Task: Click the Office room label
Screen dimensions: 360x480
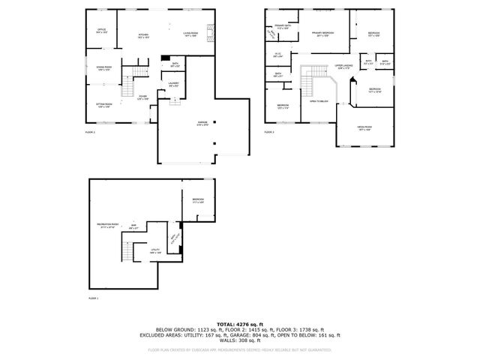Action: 102,31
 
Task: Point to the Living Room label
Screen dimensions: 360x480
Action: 190,34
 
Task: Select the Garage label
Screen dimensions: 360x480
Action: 202,122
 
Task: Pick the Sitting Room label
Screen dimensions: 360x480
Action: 103,106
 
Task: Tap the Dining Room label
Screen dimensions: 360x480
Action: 103,69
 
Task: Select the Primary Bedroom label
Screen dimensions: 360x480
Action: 323,34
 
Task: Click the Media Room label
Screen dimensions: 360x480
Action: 365,127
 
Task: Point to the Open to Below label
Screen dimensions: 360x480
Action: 319,101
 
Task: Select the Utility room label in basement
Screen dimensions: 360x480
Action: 155,251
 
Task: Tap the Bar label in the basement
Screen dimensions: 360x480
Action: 134,226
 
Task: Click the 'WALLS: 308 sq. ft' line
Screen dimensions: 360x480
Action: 240,340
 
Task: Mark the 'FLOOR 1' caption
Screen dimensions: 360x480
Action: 93,298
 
